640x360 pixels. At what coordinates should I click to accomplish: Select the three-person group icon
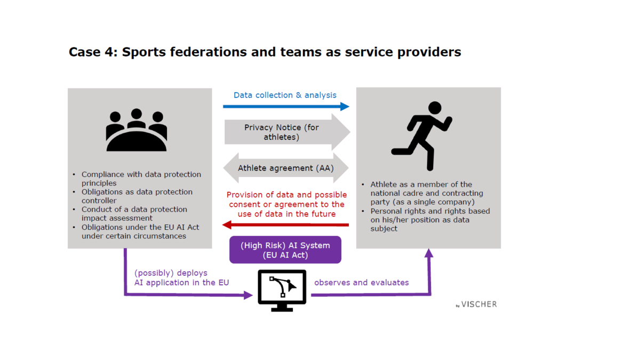(x=137, y=130)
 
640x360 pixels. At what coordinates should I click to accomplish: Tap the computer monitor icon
(x=282, y=290)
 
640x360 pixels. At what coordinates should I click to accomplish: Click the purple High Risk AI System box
(x=285, y=250)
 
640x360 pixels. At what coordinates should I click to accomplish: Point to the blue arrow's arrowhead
(x=345, y=107)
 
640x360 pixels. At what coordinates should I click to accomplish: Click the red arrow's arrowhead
(x=227, y=225)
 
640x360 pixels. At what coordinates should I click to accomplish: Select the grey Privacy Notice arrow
(x=287, y=132)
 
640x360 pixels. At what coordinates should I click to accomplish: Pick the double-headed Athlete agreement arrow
(x=286, y=168)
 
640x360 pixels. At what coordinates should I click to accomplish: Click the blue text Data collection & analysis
(x=285, y=95)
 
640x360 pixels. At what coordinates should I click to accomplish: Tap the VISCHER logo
(x=477, y=305)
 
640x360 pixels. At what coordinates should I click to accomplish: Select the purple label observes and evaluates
(x=362, y=283)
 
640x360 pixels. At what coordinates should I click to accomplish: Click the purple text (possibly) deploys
(x=171, y=273)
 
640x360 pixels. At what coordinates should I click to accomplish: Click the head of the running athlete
(x=435, y=108)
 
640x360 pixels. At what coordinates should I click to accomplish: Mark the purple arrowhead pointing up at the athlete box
(x=429, y=253)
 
